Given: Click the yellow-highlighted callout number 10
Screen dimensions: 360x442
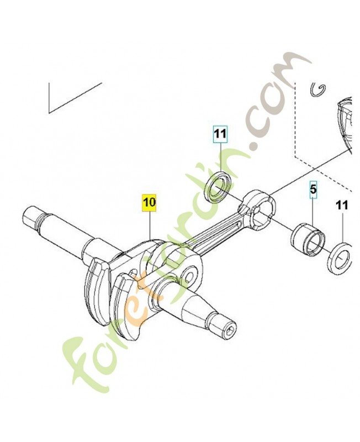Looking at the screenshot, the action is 149,202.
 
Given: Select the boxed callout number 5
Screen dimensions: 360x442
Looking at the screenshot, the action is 313,190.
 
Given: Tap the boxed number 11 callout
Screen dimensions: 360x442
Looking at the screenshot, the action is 220,134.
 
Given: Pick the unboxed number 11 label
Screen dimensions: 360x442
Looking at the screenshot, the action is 342,205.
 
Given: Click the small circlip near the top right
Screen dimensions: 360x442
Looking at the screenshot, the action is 317,90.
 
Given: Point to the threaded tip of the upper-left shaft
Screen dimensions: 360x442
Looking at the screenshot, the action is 30,215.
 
